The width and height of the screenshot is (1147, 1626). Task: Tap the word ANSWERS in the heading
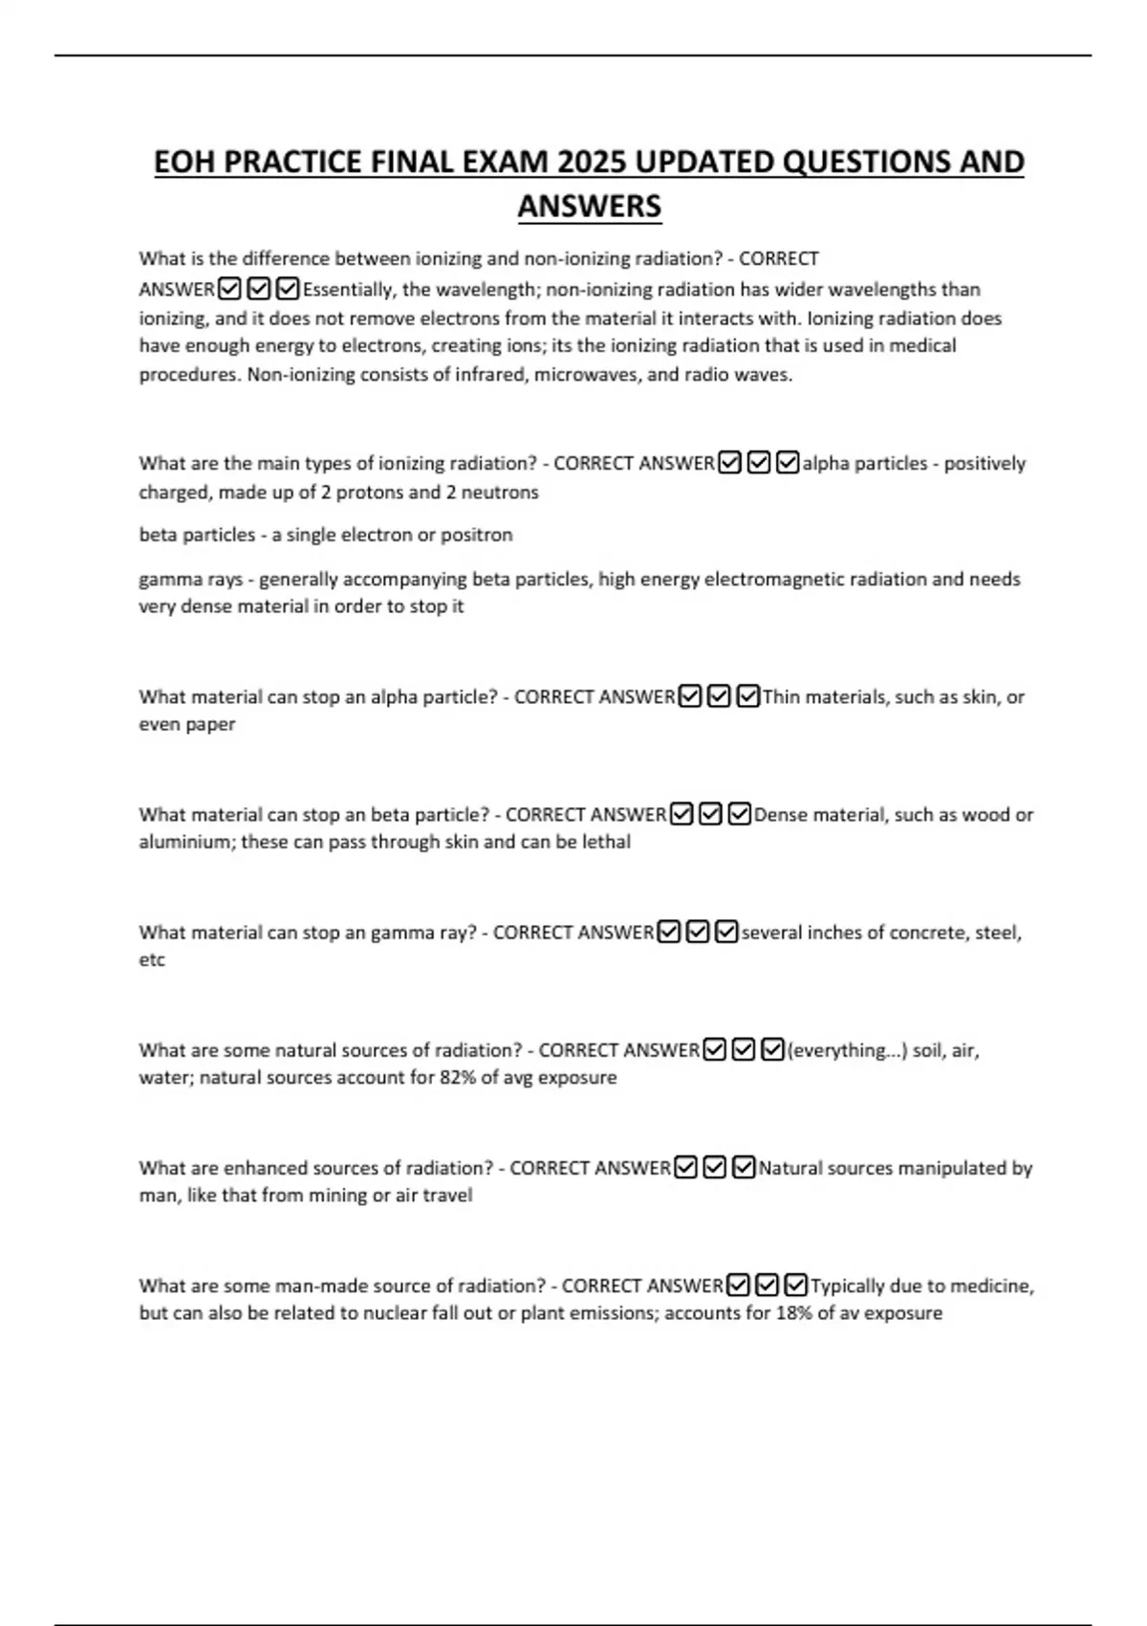(x=590, y=206)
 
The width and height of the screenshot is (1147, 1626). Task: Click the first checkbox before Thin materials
(x=690, y=697)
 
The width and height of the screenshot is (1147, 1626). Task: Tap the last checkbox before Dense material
(x=739, y=815)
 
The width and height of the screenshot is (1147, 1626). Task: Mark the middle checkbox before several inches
(x=698, y=933)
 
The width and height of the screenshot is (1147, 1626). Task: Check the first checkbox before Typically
(x=738, y=1285)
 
